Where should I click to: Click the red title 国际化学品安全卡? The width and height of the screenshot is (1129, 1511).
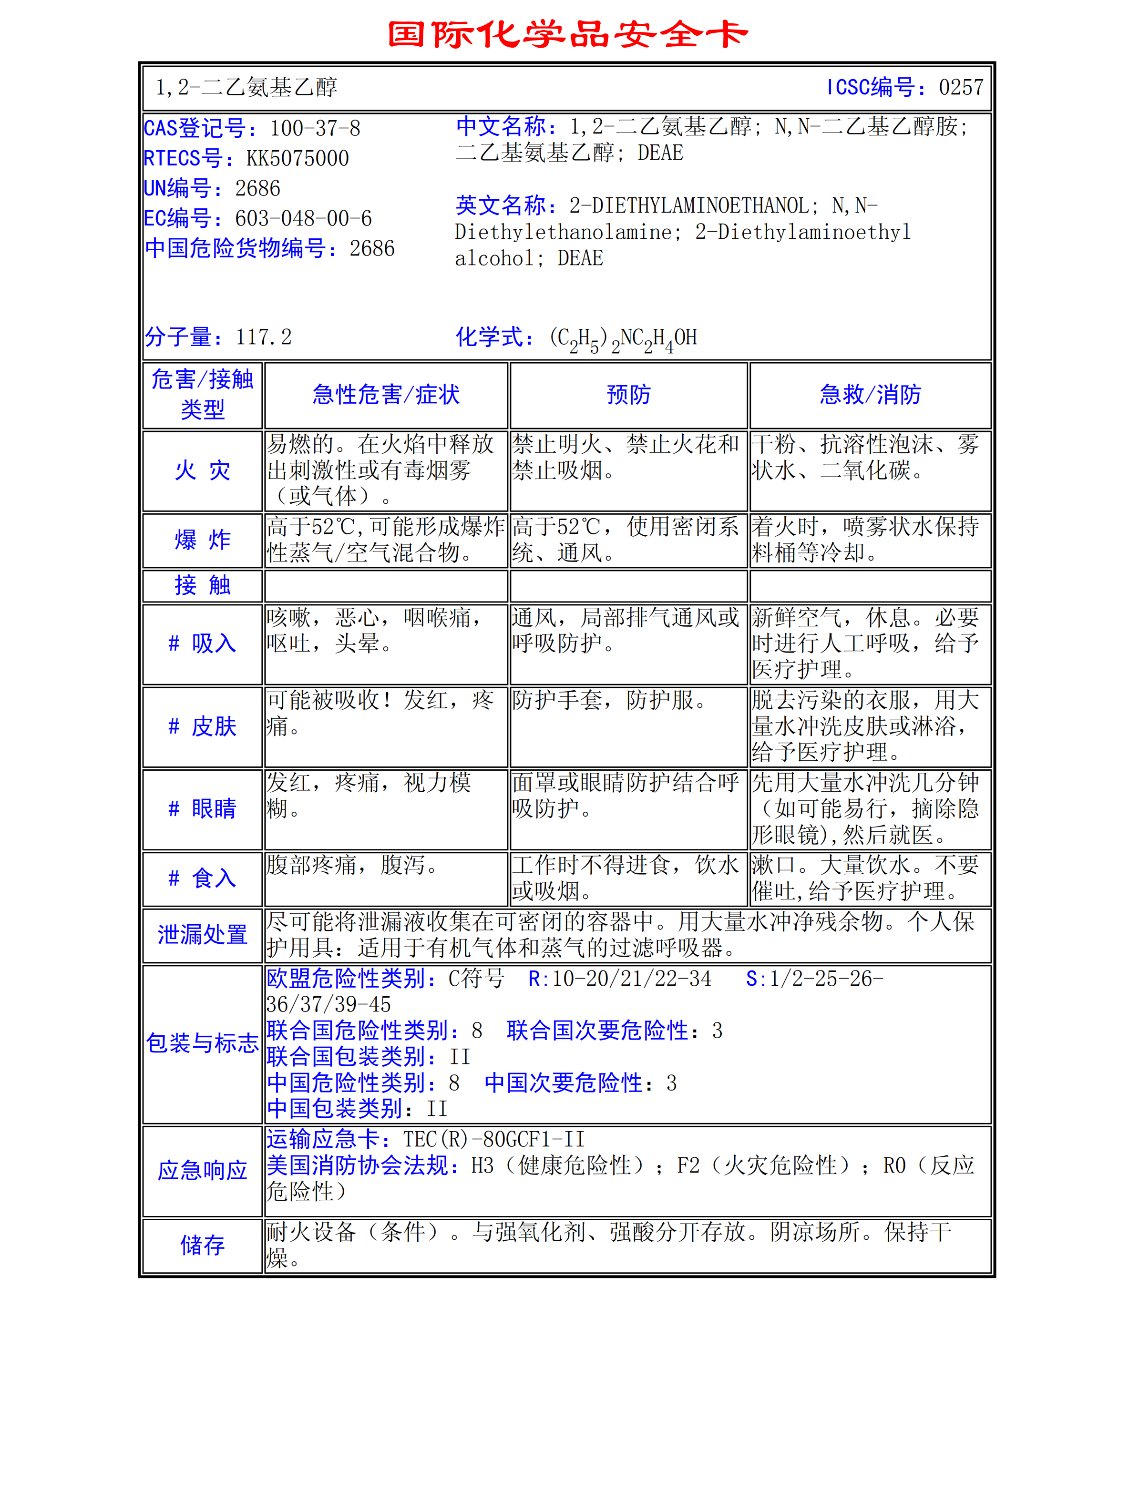567,34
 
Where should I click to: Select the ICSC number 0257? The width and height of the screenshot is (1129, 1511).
961,87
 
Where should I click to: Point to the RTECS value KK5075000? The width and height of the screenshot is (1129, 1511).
298,158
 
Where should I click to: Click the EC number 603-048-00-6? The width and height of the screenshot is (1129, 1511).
303,219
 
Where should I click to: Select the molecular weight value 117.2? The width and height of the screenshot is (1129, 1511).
263,337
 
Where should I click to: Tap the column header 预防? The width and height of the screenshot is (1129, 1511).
628,395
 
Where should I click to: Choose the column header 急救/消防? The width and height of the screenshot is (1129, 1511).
870,395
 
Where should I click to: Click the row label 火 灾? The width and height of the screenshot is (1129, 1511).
202,470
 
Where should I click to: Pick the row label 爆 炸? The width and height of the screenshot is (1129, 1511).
202,540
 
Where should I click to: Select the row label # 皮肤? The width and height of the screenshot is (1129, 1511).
202,726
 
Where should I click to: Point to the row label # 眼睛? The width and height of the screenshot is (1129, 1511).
202,809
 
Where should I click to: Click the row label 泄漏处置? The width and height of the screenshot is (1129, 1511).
202,934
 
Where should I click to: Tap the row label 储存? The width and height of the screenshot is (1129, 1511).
202,1246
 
